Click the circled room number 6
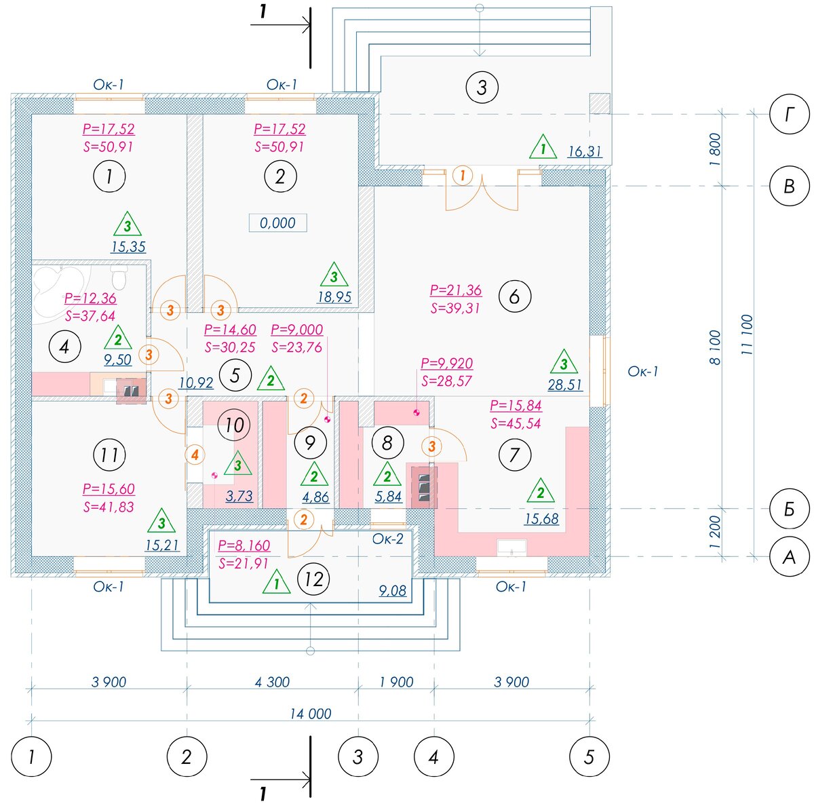click(x=514, y=296)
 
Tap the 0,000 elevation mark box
click(x=277, y=223)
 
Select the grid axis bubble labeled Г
click(x=789, y=114)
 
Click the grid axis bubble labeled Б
click(x=789, y=509)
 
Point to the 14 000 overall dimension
click(x=310, y=714)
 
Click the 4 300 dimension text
click(x=272, y=682)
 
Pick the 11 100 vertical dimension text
click(x=746, y=334)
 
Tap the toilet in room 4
click(x=119, y=276)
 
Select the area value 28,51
click(x=565, y=385)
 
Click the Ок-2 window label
click(x=387, y=539)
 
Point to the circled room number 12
click(x=313, y=579)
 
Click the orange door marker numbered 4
click(x=195, y=455)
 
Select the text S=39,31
click(x=455, y=308)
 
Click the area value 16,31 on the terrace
click(x=585, y=151)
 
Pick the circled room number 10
click(x=234, y=425)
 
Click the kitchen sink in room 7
click(x=511, y=546)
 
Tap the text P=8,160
click(x=244, y=545)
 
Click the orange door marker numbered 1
click(x=463, y=175)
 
